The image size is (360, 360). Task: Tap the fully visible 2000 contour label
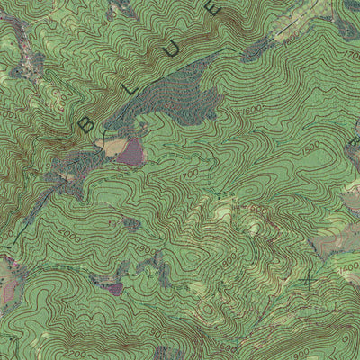point(71,239)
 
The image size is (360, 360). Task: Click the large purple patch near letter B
point(131,152)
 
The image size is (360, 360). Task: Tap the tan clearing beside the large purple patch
point(110,147)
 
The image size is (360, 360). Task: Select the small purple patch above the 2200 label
point(114,289)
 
